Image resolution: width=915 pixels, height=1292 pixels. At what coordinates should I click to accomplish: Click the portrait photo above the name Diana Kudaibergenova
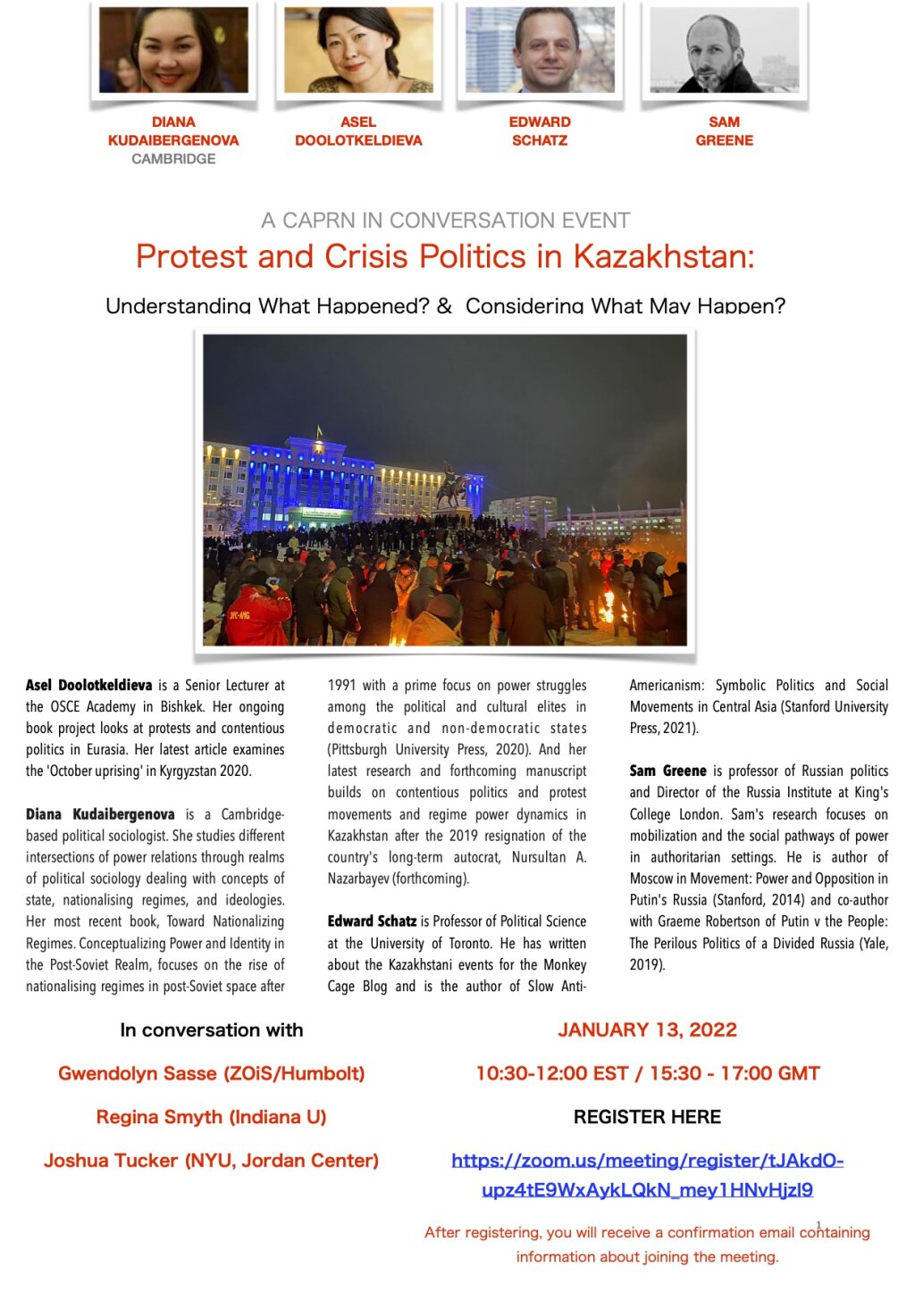[x=173, y=50]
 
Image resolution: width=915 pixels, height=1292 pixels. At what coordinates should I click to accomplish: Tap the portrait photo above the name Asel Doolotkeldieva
[x=358, y=50]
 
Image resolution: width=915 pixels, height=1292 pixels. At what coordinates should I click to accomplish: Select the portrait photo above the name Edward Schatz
[x=540, y=50]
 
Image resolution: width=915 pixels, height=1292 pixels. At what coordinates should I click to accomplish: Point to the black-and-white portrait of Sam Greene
[x=724, y=50]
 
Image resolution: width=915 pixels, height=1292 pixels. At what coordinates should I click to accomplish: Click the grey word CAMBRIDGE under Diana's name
[x=173, y=159]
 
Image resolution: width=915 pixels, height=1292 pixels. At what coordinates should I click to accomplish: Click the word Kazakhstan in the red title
[x=663, y=257]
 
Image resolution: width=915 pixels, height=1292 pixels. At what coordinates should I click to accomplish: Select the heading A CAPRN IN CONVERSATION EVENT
[x=445, y=221]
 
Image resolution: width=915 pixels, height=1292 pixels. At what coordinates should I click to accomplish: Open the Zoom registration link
[x=647, y=1175]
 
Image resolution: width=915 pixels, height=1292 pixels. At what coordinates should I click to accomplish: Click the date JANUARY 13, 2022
[x=647, y=1030]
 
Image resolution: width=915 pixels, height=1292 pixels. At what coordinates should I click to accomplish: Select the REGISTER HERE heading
[x=647, y=1117]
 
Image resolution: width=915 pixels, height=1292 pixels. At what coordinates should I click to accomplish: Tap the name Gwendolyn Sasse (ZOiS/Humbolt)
[x=211, y=1073]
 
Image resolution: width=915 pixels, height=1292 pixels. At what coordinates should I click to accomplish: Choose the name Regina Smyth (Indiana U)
[x=211, y=1117]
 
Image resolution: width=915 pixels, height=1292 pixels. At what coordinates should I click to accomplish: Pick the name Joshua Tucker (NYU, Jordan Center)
[x=211, y=1161]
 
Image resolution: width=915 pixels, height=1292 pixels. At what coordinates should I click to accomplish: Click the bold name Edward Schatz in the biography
[x=372, y=921]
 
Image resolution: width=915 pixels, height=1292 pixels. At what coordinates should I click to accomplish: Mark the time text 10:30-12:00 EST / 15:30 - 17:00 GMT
[x=647, y=1073]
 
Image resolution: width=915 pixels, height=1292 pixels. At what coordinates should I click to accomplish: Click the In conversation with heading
[x=211, y=1030]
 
